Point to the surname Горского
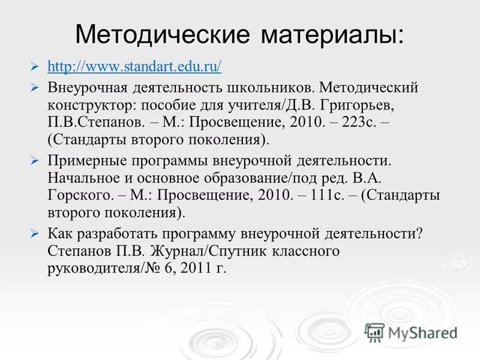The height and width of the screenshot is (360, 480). click(79, 196)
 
